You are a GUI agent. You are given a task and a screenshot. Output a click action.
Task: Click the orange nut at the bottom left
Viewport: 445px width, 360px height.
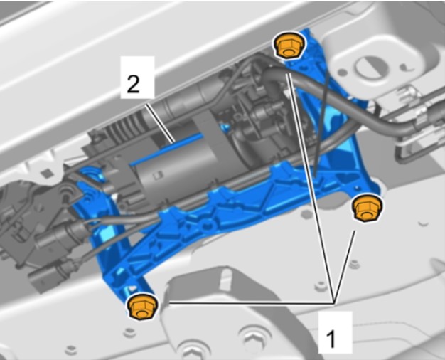pyautogui.click(x=142, y=307)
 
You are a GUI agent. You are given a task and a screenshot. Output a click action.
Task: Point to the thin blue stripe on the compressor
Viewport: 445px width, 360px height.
pyautogui.click(x=166, y=149)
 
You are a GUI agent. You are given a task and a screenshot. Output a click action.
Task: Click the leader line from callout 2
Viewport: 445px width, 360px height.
pyautogui.click(x=159, y=124)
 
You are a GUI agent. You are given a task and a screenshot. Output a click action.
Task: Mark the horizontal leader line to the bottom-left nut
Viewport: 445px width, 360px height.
pyautogui.click(x=251, y=303)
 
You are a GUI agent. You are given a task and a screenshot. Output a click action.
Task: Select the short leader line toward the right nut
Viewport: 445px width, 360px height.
pyautogui.click(x=345, y=267)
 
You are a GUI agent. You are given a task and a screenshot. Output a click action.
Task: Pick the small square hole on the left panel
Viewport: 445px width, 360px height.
pyautogui.click(x=45, y=172)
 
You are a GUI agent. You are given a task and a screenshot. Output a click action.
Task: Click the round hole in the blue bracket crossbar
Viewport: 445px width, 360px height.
pyautogui.click(x=209, y=225)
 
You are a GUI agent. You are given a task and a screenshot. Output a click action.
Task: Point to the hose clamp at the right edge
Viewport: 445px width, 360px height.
pyautogui.click(x=422, y=120)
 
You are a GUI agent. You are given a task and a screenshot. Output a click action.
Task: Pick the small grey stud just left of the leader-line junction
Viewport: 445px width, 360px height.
pyautogui.click(x=321, y=285)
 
